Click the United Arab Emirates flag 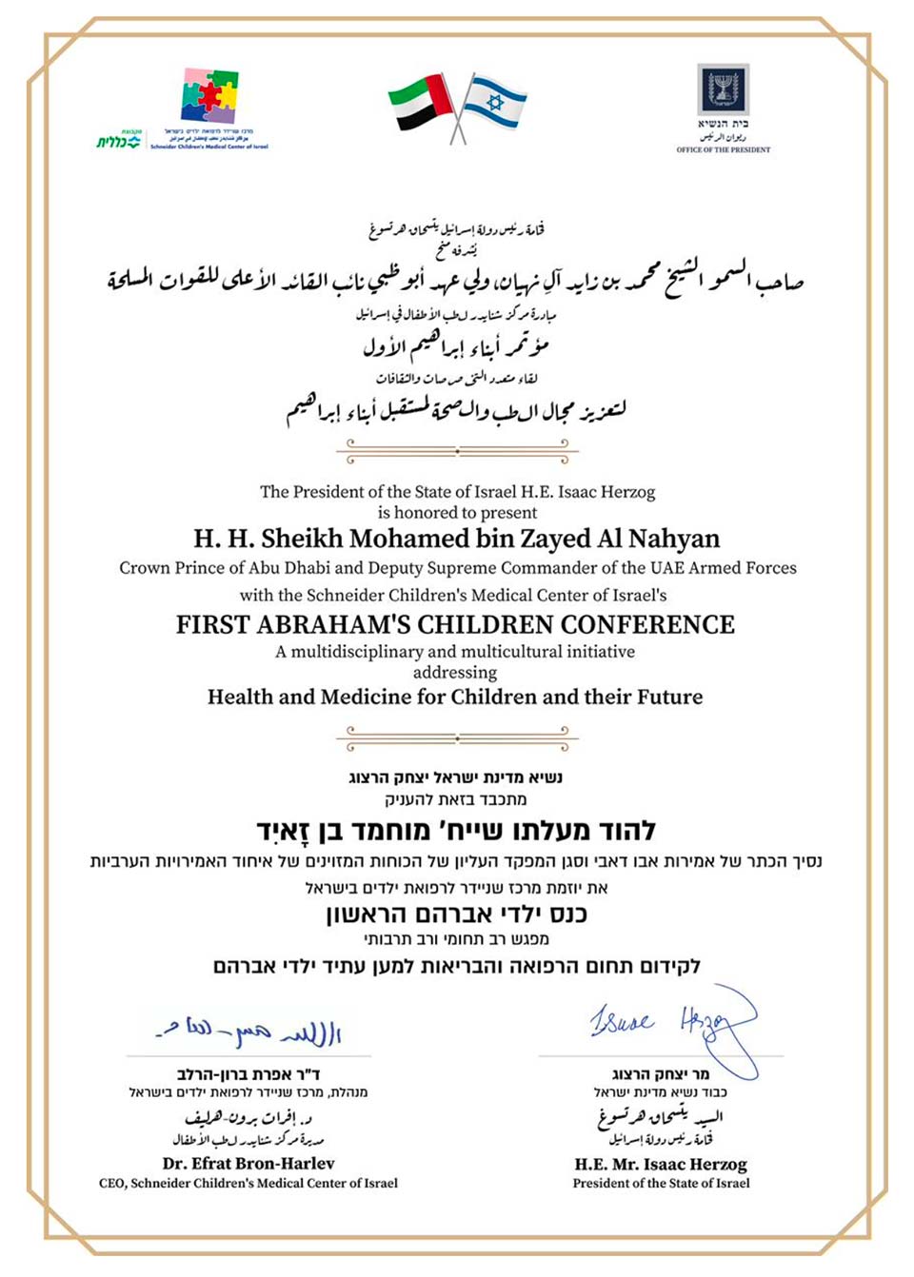point(421,102)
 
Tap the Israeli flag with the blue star point(494,102)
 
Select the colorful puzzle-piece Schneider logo point(209,96)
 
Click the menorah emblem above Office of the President point(723,89)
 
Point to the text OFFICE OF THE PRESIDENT point(723,149)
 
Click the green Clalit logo point(118,141)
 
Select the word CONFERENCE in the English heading point(647,624)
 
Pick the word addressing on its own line point(455,672)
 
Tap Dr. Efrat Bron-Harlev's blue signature point(249,1031)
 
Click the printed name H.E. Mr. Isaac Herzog point(661,1164)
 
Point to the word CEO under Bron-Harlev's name point(111,1184)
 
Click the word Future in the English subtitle point(669,697)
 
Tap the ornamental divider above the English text point(457,450)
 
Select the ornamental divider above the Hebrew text point(457,737)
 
